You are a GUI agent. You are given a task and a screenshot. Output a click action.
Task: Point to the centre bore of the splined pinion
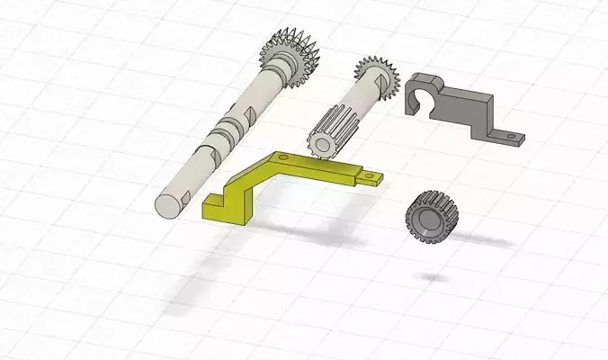coord(320,144)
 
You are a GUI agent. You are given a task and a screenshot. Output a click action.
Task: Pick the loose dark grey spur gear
coord(433,218)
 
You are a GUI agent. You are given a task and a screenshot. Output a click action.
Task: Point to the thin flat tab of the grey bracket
coord(508,137)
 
